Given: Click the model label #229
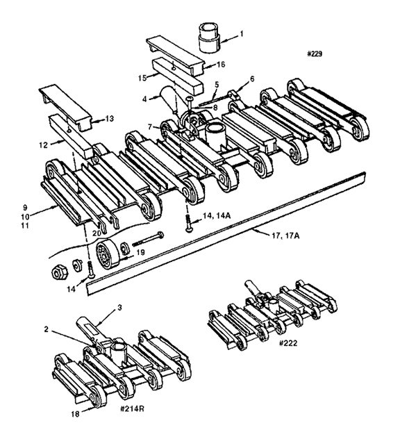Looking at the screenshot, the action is (x=315, y=53).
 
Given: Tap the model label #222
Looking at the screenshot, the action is (x=288, y=343).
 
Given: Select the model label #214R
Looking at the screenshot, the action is (x=132, y=409).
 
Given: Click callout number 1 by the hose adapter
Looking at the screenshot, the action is (x=242, y=34).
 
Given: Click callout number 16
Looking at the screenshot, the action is (x=221, y=65).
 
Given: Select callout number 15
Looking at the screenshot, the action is (x=142, y=78).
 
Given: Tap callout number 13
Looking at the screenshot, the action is (x=110, y=119).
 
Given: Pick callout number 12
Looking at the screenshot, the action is (x=43, y=145).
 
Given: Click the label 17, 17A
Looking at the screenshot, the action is (x=285, y=235).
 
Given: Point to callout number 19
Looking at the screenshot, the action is (x=140, y=253).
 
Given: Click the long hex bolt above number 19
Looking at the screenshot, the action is (x=148, y=239).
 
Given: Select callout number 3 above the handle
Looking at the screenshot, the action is (x=119, y=308).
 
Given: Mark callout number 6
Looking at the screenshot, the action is (x=252, y=79).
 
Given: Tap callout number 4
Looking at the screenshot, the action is (x=144, y=99).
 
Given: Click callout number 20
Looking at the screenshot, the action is (x=97, y=233).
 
